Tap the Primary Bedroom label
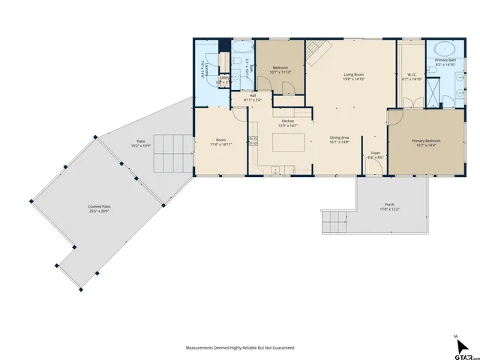425,140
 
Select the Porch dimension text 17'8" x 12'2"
389,208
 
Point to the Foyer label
376,154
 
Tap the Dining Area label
340,137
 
